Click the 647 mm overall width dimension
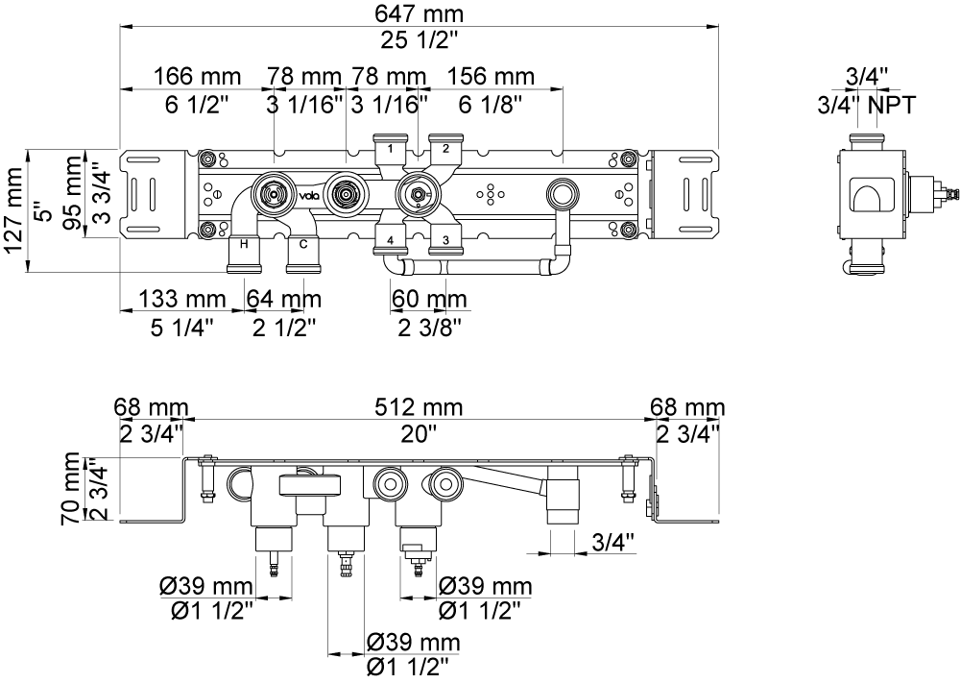point(419,13)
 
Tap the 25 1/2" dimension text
point(419,40)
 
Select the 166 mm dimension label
point(197,77)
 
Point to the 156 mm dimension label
point(491,77)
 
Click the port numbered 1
point(390,148)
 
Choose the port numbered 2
point(445,148)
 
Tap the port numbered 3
point(445,240)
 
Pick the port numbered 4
point(390,240)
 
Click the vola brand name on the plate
point(307,196)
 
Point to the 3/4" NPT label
point(866,106)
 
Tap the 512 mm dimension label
point(419,406)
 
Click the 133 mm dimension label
point(181,300)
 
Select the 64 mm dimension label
point(284,300)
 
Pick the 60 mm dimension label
point(429,300)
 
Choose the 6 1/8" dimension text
point(491,106)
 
